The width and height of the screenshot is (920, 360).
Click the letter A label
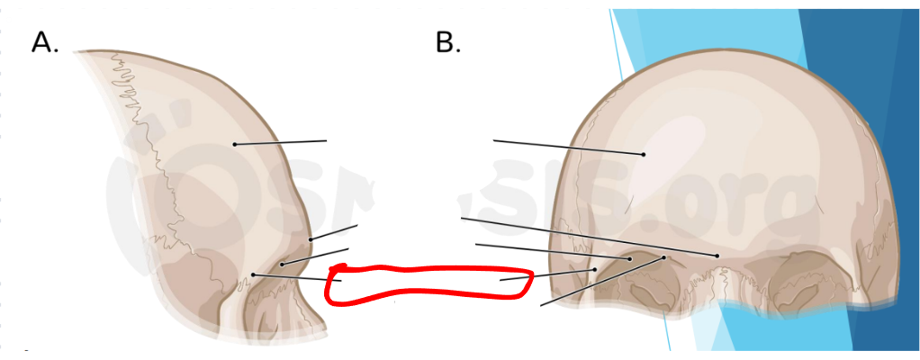click(x=44, y=41)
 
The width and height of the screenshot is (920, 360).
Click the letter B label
click(x=447, y=41)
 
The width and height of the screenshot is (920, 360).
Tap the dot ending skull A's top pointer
click(x=234, y=144)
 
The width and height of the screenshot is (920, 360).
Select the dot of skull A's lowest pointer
click(x=254, y=274)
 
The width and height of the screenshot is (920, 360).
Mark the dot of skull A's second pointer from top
click(x=310, y=239)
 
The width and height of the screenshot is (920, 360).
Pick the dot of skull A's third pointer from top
click(x=282, y=265)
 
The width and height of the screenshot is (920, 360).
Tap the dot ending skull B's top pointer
click(x=644, y=155)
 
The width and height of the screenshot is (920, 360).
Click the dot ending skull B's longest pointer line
click(x=717, y=256)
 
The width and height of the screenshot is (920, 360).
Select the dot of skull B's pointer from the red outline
click(x=595, y=269)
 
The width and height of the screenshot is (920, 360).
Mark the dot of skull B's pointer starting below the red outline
click(x=664, y=257)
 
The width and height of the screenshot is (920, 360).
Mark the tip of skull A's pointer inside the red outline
click(x=340, y=281)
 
